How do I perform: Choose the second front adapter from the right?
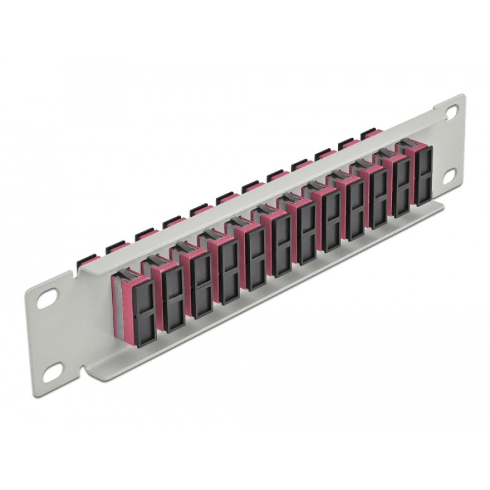[x=401, y=184]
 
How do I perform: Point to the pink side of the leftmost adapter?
[x=123, y=306]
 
